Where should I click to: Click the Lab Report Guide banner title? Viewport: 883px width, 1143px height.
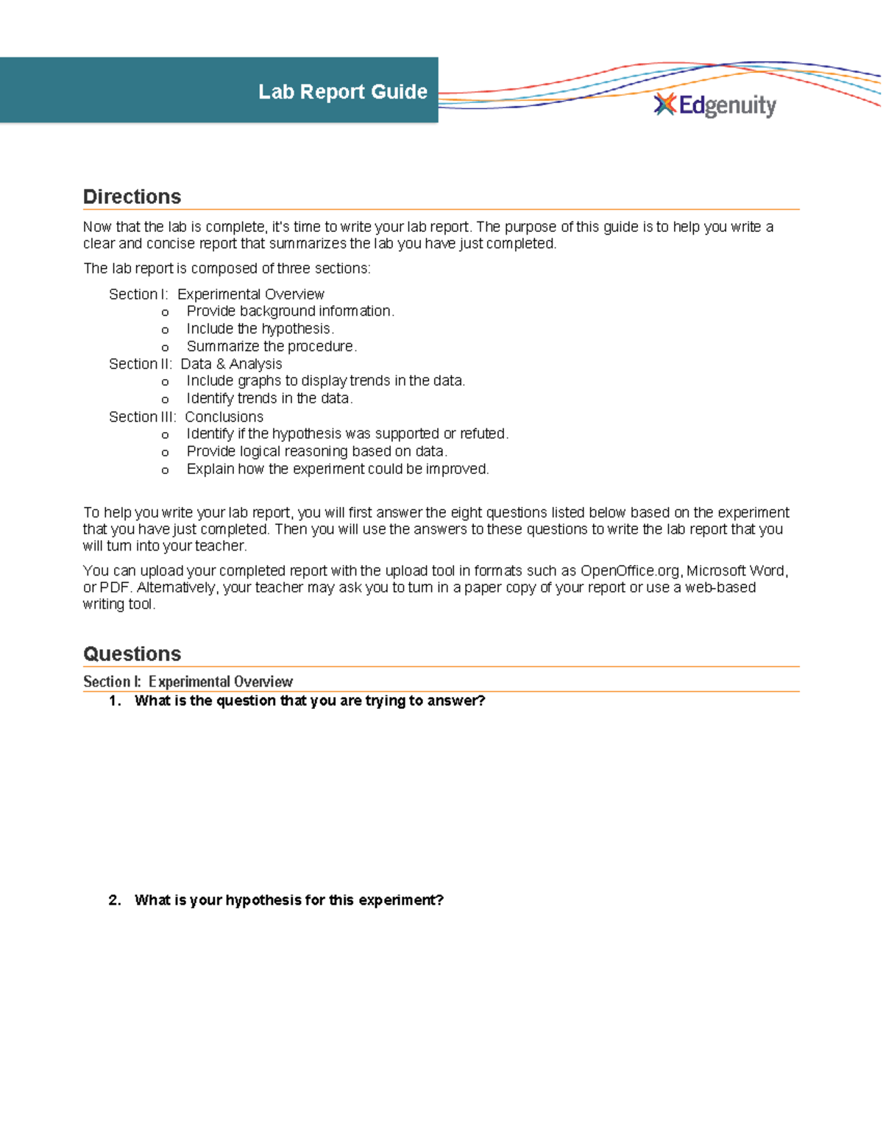click(x=342, y=92)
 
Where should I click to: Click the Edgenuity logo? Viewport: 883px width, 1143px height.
click(x=715, y=105)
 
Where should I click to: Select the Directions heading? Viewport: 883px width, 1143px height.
click(x=132, y=197)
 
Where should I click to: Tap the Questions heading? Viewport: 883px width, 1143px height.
click(x=132, y=654)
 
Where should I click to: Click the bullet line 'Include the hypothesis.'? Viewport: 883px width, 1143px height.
click(x=260, y=329)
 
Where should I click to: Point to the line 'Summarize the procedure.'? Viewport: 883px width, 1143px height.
click(x=272, y=347)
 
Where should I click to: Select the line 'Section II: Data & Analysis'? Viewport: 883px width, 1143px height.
click(x=195, y=364)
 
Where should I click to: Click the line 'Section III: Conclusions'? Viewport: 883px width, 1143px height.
click(x=185, y=417)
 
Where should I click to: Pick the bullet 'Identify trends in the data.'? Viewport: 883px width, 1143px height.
click(x=269, y=399)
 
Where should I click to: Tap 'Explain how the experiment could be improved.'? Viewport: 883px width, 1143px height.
click(x=337, y=470)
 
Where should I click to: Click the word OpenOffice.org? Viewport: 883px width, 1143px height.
click(x=630, y=571)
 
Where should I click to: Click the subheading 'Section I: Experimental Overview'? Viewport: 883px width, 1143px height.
click(x=188, y=682)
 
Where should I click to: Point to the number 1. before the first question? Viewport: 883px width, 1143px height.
click(x=115, y=701)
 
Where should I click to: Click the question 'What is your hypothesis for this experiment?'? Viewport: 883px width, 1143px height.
click(x=288, y=901)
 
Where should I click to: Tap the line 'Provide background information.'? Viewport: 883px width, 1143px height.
click(x=290, y=311)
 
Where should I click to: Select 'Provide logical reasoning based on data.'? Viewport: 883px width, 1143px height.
click(x=316, y=452)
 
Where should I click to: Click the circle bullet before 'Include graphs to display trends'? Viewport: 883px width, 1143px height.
click(x=165, y=382)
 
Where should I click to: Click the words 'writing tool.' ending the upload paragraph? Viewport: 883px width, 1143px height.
click(x=118, y=605)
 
